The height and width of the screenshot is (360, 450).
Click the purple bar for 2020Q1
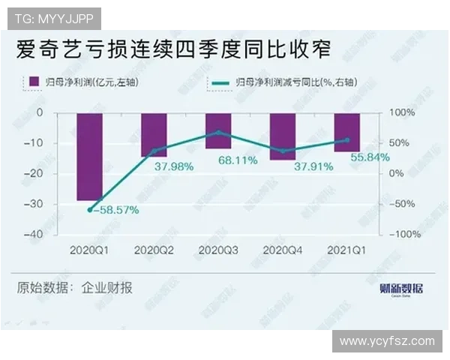[x=89, y=157]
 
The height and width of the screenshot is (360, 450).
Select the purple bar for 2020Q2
[x=154, y=134]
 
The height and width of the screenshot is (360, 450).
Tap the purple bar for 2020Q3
[x=218, y=130]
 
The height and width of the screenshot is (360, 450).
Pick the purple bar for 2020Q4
[x=282, y=136]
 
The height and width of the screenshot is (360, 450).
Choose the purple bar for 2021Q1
[x=346, y=132]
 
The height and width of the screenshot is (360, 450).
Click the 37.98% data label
[x=175, y=166]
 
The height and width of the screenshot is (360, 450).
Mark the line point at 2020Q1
[x=90, y=210]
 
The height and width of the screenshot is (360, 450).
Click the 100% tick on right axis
[x=400, y=112]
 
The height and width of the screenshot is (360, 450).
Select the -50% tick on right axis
[x=400, y=203]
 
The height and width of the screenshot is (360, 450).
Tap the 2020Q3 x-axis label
[x=218, y=249]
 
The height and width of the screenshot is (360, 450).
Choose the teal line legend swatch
[x=220, y=81]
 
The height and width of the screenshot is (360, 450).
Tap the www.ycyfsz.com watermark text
[x=387, y=341]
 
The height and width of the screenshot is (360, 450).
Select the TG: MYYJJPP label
[x=53, y=17]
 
